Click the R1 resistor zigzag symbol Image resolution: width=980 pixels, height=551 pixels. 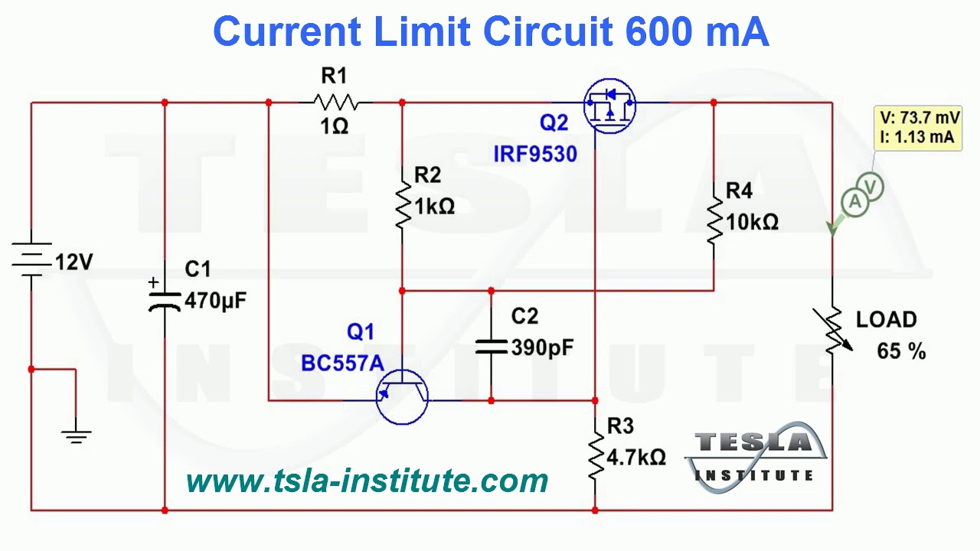(335, 102)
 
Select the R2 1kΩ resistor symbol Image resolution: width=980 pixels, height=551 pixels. (403, 205)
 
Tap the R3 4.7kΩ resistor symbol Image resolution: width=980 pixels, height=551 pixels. (595, 455)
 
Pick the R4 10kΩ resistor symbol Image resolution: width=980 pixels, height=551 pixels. (714, 220)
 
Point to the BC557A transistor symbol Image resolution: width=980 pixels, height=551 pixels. (402, 395)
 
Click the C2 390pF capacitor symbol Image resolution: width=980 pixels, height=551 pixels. (491, 346)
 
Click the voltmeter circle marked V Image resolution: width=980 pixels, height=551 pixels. (871, 186)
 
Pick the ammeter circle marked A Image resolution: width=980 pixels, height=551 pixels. (854, 201)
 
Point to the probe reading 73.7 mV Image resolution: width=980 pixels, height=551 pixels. (917, 118)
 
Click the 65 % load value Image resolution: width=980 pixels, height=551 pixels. (901, 351)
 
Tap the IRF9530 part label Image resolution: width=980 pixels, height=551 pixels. (534, 154)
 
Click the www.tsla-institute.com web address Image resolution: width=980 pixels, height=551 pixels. (367, 481)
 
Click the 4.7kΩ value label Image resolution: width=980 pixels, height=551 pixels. (636, 458)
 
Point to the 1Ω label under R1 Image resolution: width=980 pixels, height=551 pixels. (335, 127)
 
